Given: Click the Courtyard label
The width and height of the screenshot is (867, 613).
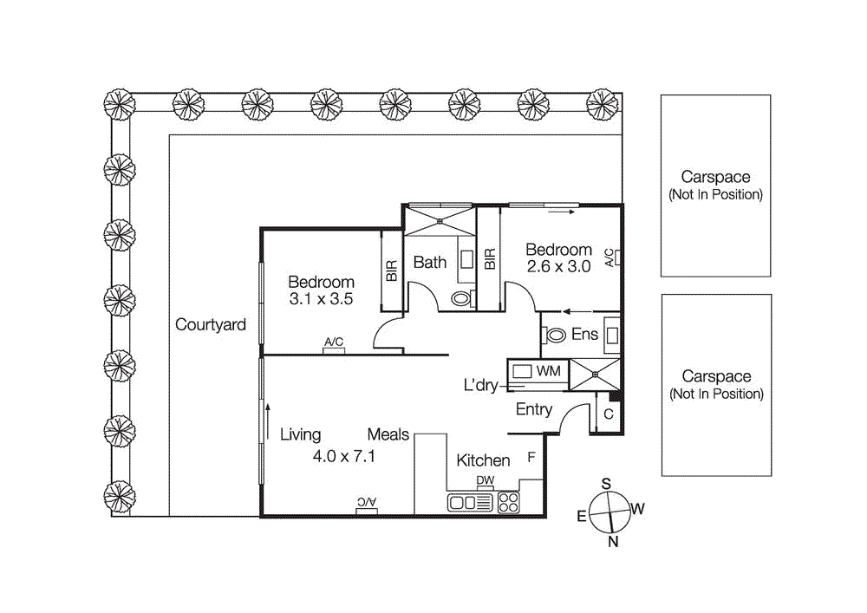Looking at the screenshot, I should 211,325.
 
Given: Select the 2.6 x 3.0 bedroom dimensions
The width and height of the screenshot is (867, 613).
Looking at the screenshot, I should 558,267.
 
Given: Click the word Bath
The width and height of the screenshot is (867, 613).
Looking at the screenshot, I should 429,262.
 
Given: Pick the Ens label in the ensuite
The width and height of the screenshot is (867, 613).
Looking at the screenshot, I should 584,335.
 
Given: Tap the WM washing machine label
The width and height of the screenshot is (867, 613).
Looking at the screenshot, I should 549,371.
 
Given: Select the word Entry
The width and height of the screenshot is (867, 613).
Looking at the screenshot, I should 533,409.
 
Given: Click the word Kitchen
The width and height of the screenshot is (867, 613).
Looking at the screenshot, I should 483,460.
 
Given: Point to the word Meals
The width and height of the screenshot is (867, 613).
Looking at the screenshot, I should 388,434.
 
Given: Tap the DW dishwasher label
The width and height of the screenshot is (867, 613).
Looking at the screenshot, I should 485,482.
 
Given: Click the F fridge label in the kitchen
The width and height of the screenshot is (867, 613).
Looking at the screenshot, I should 531,457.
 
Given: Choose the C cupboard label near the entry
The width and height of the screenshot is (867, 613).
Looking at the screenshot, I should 609,414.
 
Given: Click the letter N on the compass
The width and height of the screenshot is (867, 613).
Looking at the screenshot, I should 613,543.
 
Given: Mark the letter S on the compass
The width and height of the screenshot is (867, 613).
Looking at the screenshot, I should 607,484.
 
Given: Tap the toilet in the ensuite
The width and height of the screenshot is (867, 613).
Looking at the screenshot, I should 554,336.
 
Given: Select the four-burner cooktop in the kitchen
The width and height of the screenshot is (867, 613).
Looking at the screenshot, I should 507,502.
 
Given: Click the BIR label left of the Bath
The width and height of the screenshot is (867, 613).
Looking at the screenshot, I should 391,272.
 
